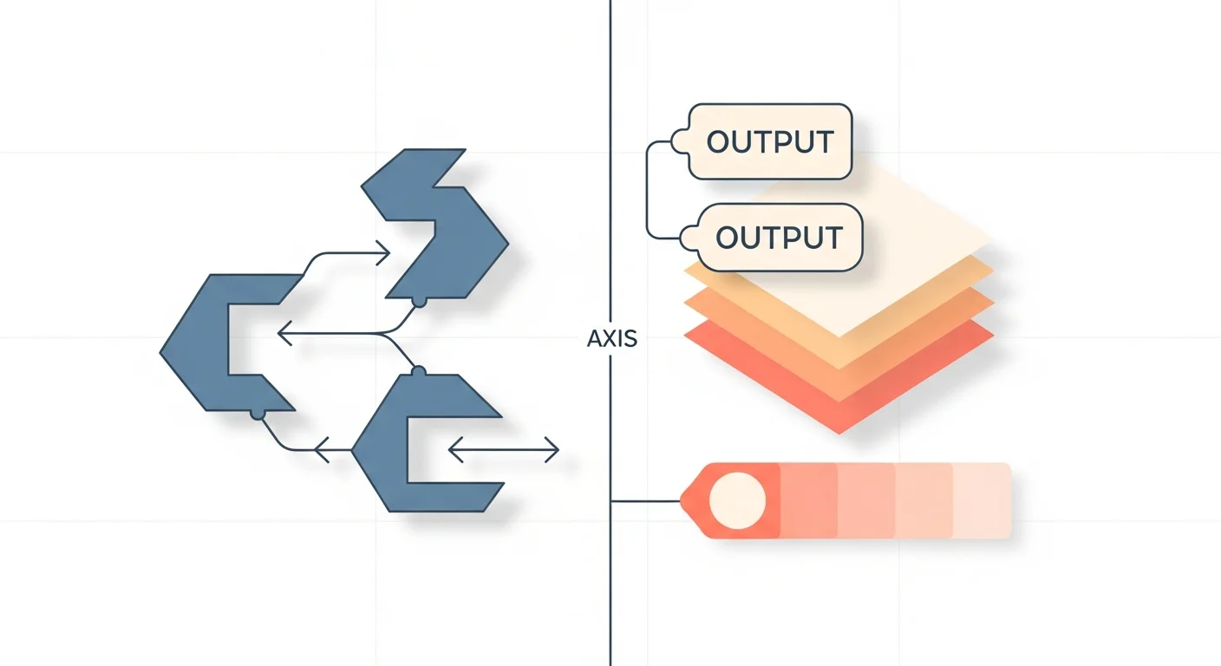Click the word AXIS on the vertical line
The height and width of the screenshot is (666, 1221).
(612, 338)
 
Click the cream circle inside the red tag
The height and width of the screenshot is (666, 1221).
(737, 500)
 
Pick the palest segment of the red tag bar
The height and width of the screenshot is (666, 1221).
(982, 500)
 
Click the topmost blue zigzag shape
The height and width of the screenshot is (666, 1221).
(436, 224)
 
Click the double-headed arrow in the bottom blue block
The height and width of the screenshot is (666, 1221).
(504, 450)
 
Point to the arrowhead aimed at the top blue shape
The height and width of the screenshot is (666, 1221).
(382, 253)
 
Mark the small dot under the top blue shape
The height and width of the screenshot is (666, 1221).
(419, 301)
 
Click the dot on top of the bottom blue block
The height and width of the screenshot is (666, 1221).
(418, 372)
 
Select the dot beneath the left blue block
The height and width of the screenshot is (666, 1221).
(258, 414)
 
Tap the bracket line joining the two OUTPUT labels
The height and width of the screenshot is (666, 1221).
(647, 190)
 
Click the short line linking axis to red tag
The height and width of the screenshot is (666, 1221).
(646, 501)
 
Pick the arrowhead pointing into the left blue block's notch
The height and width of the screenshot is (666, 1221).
(285, 333)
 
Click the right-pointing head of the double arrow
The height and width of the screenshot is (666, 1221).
(552, 450)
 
